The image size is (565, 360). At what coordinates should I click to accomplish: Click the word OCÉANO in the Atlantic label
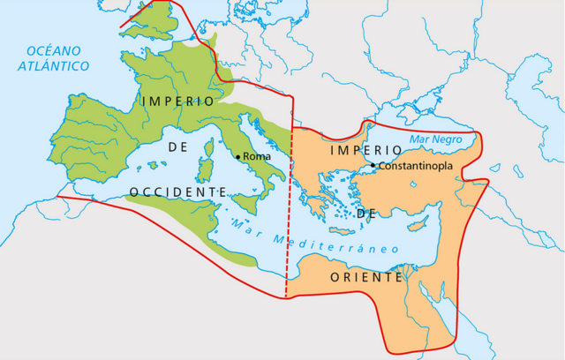pos(54,49)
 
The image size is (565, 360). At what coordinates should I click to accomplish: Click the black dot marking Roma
pos(237,156)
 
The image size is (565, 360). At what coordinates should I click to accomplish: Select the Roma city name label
pos(257,156)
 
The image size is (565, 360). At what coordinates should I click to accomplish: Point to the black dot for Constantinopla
pos(373,165)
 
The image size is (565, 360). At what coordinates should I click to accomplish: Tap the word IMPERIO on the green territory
pos(177,101)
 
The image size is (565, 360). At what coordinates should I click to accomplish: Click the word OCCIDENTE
pos(177,191)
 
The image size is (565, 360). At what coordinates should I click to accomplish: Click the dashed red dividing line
pos(288,256)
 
